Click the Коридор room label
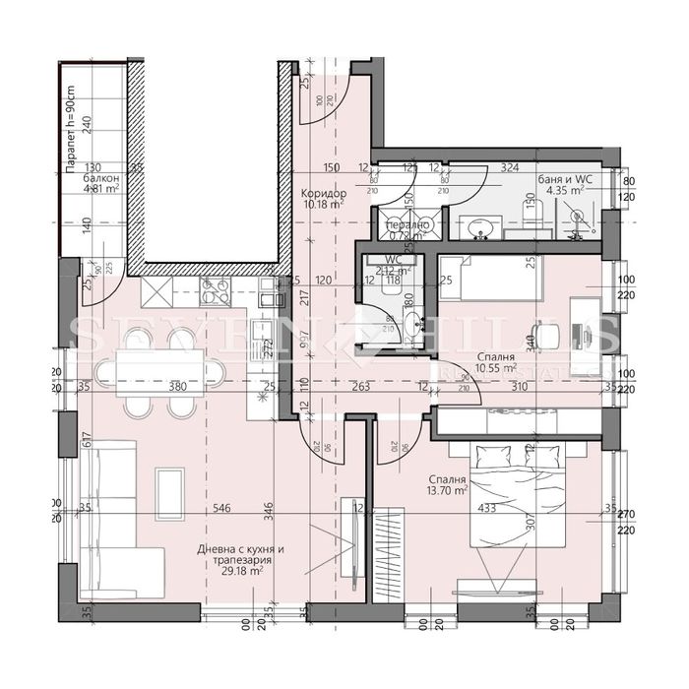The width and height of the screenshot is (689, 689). click(x=321, y=193)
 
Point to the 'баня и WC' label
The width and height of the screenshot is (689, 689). click(x=570, y=178)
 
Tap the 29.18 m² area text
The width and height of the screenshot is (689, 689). click(x=243, y=570)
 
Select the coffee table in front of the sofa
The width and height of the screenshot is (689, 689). click(x=169, y=488)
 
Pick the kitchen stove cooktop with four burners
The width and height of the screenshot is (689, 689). click(x=215, y=290)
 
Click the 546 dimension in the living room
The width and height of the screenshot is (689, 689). click(x=222, y=509)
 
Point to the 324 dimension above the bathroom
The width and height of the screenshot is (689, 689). click(x=510, y=168)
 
